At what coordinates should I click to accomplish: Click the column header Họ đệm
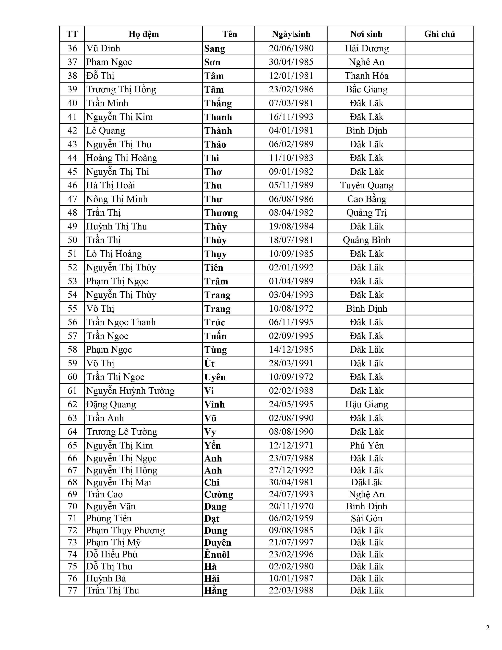coord(144,34)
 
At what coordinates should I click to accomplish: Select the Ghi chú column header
coord(439,34)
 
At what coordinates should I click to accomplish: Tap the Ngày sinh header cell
coord(291,34)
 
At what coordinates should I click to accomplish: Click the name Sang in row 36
coord(214,48)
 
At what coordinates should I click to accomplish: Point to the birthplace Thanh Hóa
coord(366,76)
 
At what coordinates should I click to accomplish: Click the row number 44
coord(72,158)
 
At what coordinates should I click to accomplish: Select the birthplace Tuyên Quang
coord(366,185)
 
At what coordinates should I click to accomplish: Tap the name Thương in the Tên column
coord(221,213)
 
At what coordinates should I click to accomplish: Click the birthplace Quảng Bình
coord(366,240)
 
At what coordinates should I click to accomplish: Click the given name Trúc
coord(214,322)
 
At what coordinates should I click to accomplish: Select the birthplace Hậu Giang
coord(366,404)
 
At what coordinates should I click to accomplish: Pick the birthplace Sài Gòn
coord(366,518)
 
